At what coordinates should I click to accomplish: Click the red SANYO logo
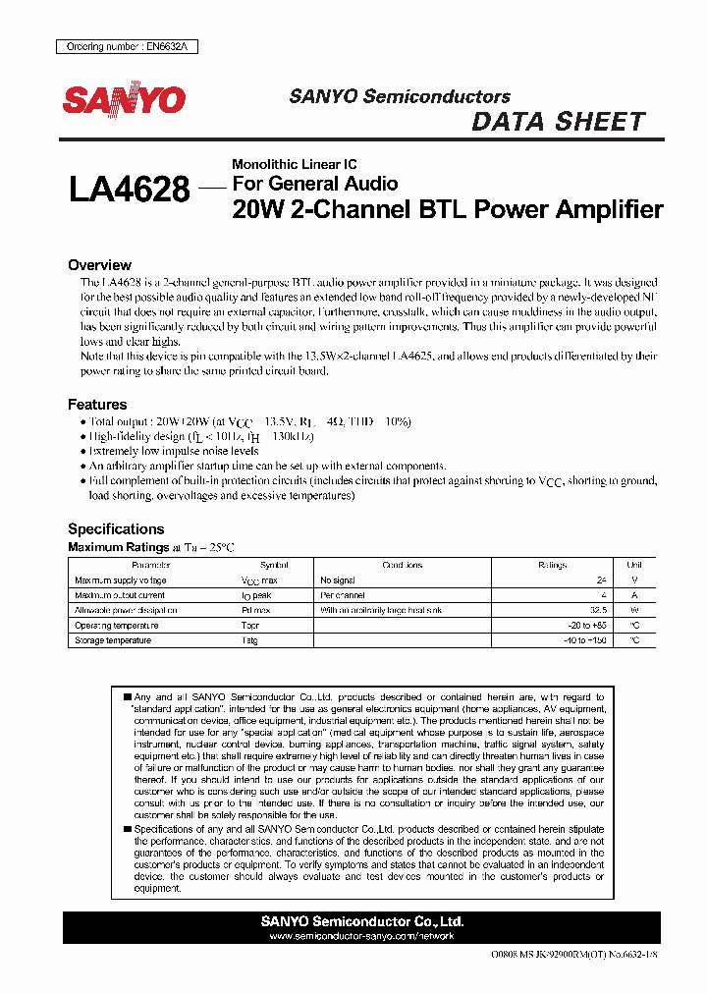tap(124, 100)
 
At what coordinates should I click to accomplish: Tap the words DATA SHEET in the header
tap(559, 122)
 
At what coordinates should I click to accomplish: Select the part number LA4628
tap(130, 190)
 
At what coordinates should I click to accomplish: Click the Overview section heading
tap(99, 265)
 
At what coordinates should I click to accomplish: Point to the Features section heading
tap(97, 405)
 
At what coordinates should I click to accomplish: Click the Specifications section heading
tap(116, 529)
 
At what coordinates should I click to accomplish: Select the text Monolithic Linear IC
tap(294, 164)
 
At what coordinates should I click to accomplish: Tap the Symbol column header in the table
tap(274, 566)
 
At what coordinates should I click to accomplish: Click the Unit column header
tap(634, 566)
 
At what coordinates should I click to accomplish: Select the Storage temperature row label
tap(113, 640)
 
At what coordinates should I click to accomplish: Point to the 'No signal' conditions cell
tap(338, 580)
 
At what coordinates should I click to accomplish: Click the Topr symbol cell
tap(250, 626)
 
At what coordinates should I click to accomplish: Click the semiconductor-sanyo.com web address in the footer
tap(362, 937)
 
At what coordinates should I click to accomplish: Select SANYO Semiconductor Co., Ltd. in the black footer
tap(362, 922)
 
